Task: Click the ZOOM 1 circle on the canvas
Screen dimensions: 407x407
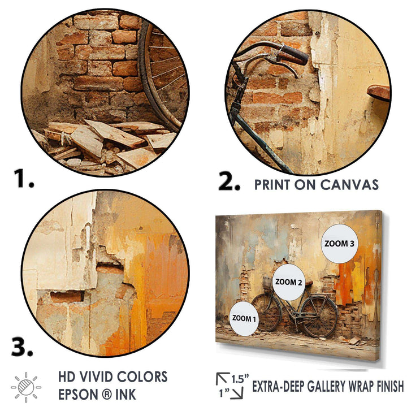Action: pos(244,318)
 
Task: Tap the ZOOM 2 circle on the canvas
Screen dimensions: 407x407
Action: pos(289,282)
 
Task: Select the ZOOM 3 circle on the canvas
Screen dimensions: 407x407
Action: pos(340,244)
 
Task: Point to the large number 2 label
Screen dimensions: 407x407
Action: pos(230,181)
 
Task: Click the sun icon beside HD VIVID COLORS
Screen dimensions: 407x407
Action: pos(26,387)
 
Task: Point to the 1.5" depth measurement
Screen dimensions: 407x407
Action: pos(240,379)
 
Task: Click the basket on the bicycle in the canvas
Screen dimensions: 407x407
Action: pos(267,283)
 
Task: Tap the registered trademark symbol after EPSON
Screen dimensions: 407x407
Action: pos(105,395)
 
